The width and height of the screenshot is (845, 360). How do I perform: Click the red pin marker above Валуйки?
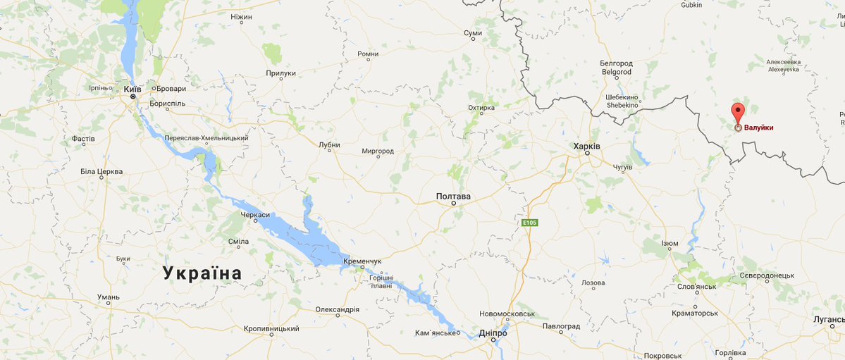point(737,113)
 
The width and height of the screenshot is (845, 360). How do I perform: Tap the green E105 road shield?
point(529,223)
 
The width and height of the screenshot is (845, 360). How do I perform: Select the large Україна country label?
point(202,273)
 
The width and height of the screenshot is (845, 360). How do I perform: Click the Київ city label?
point(132,89)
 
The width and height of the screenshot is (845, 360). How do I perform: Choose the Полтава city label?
point(453,197)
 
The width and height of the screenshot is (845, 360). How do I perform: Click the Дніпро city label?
point(493,333)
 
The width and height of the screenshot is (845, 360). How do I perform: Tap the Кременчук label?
point(362,261)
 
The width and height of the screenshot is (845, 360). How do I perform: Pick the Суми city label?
point(473,33)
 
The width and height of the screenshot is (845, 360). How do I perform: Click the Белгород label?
point(616,63)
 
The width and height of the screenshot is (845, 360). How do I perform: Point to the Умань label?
point(109,297)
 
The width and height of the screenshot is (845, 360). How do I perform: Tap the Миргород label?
point(377,151)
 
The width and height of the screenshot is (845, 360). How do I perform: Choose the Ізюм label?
point(670,243)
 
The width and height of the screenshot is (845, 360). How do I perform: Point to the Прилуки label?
point(280,73)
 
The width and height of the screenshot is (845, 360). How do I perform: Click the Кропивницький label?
point(271,329)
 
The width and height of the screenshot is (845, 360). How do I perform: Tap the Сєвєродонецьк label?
point(766,275)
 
